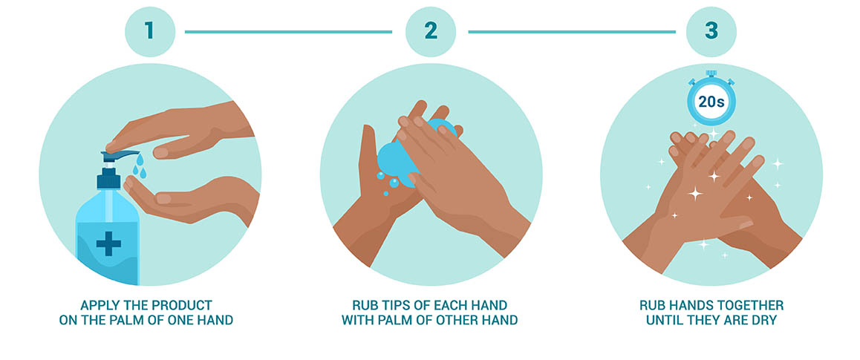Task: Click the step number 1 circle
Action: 150,32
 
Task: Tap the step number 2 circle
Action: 431,32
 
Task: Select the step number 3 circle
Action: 711,32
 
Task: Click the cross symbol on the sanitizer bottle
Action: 108,243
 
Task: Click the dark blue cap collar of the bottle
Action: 108,179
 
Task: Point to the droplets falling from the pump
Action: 140,166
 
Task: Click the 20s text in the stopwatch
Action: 711,102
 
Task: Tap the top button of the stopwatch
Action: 711,73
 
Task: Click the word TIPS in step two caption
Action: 390,305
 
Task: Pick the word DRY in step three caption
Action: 763,320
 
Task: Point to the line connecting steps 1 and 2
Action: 288,32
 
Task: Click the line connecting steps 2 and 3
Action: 572,32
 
